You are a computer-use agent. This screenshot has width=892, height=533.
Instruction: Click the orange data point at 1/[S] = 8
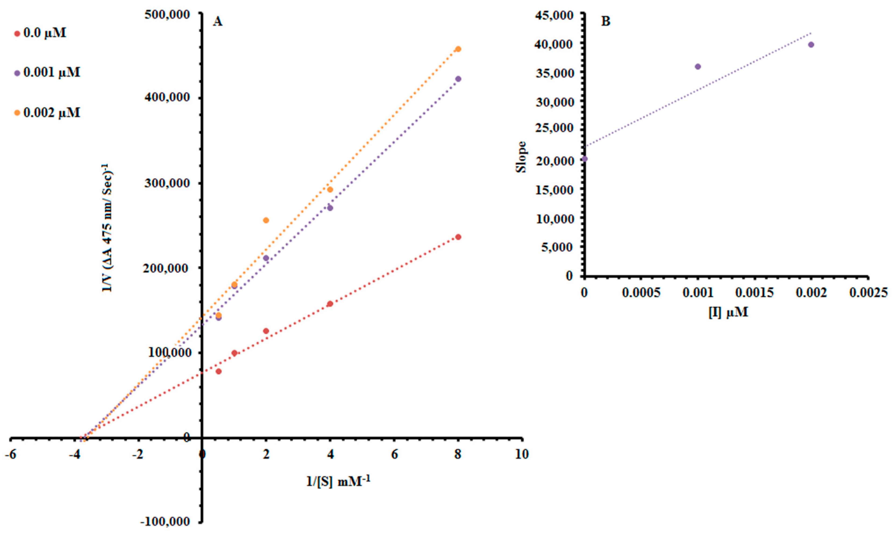click(458, 49)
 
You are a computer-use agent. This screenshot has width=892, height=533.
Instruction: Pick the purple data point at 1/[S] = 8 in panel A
click(458, 79)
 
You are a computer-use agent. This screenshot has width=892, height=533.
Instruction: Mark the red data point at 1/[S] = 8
click(458, 237)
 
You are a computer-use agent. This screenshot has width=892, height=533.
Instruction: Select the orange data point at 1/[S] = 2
click(266, 220)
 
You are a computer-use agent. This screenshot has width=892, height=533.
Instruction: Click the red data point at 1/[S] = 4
click(330, 304)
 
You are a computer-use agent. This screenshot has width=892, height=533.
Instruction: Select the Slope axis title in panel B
click(521, 157)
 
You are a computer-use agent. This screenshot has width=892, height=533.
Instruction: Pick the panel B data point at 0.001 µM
click(698, 66)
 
